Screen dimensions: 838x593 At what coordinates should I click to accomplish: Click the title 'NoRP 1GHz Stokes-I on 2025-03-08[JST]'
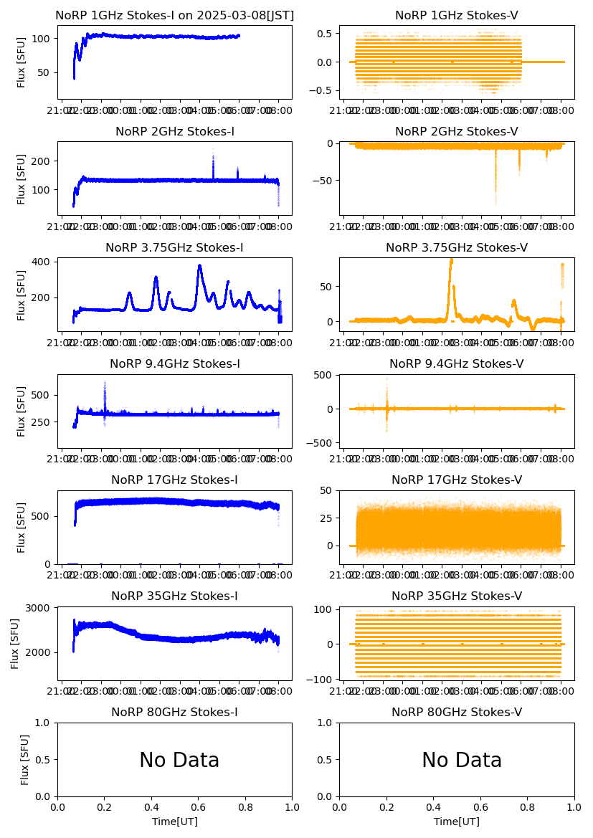point(174,15)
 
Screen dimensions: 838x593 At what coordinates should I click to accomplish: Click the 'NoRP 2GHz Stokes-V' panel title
point(457,131)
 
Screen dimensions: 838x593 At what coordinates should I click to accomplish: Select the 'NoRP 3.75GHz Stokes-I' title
point(174,247)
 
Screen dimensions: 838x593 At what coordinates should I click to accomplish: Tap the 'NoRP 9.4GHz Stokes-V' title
point(457,363)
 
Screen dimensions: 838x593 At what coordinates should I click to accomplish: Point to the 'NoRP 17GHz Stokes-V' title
point(457,480)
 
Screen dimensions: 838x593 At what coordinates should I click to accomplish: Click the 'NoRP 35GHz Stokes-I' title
point(174,596)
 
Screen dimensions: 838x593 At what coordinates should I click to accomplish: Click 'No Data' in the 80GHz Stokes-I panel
point(179,761)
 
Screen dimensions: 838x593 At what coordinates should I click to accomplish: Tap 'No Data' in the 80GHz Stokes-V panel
point(462,761)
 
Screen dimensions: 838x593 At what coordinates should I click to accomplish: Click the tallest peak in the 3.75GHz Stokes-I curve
point(199,267)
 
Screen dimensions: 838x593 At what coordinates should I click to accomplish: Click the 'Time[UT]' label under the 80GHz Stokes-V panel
point(457,821)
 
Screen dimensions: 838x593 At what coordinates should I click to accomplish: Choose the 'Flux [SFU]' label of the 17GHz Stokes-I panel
point(22,527)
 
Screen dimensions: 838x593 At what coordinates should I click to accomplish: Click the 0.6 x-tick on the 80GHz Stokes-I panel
point(199,807)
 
